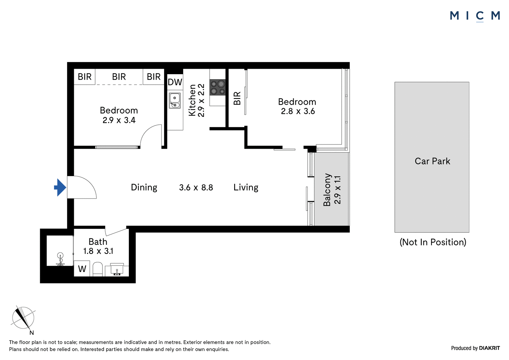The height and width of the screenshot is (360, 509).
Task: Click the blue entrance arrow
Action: pos(60,187)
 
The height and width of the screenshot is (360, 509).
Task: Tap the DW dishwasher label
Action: pos(175,82)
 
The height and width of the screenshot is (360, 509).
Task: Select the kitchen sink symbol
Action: pos(175,100)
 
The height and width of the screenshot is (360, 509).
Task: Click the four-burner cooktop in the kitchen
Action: pos(218,87)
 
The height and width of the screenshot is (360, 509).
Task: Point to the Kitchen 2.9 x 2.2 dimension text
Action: pos(197,100)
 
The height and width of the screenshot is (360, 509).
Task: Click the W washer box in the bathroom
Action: pos(82,269)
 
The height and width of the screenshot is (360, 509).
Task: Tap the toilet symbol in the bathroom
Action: pos(98,269)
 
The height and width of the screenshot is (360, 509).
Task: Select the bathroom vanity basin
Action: pos(117,270)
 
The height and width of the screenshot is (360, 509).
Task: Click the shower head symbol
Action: pos(60,259)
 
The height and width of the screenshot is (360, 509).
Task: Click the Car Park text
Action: pos(432,161)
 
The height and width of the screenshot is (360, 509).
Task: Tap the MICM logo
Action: pos(475,16)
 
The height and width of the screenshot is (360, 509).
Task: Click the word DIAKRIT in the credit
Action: pos(489,348)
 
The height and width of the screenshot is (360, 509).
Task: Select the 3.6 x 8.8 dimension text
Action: pos(196,187)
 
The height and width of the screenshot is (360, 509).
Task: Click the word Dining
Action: pos(144,187)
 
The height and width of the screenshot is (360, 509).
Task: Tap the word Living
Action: pos(246,187)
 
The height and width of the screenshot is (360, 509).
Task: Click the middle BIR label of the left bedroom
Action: pos(119,77)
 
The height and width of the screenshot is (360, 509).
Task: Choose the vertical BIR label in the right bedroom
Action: pos(237,98)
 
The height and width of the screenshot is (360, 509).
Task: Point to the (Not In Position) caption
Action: pos(433,242)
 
